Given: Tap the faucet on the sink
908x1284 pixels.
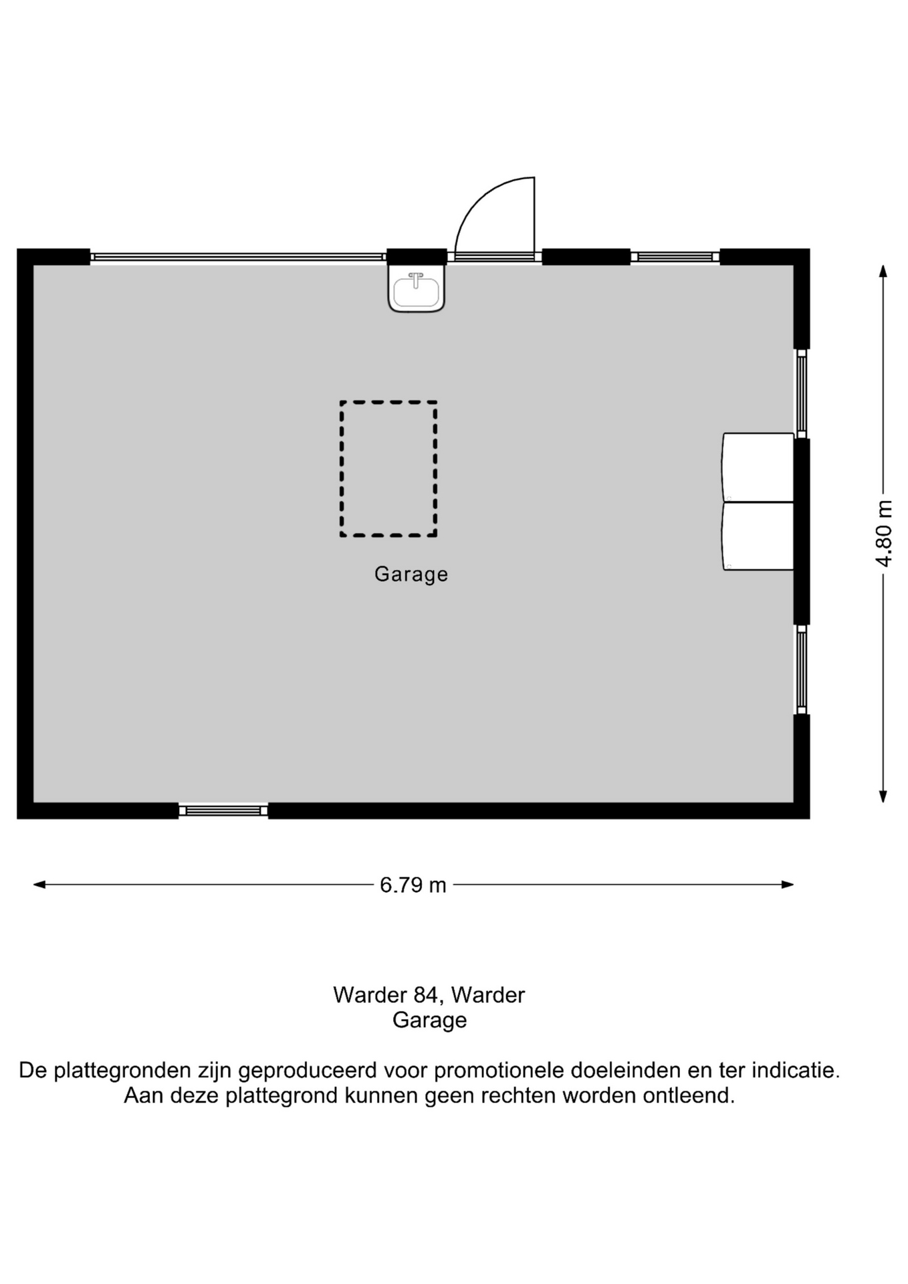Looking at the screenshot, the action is [416, 279].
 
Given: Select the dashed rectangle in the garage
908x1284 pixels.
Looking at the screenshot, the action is [388, 468].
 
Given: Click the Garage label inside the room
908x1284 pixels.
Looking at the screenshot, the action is [411, 574].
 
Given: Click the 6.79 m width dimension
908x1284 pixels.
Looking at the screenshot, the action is [413, 885].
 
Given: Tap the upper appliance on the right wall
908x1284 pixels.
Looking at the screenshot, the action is [758, 467].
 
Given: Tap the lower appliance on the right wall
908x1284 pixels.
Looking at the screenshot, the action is [758, 536].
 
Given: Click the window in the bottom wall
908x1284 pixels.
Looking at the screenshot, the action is [223, 811].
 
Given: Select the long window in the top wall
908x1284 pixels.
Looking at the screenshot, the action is [238, 257].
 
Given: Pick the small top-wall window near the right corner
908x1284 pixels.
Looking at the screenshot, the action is [675, 257].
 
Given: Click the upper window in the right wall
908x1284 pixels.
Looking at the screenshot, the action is [802, 394].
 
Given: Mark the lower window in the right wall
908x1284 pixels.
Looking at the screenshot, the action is [802, 669].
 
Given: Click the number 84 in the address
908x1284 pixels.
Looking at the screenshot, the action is [426, 995].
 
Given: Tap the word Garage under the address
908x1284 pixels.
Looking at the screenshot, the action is [429, 1021].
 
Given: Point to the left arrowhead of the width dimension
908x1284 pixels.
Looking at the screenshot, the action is [39, 885].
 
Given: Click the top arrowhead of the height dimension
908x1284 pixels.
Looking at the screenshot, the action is [883, 271].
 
